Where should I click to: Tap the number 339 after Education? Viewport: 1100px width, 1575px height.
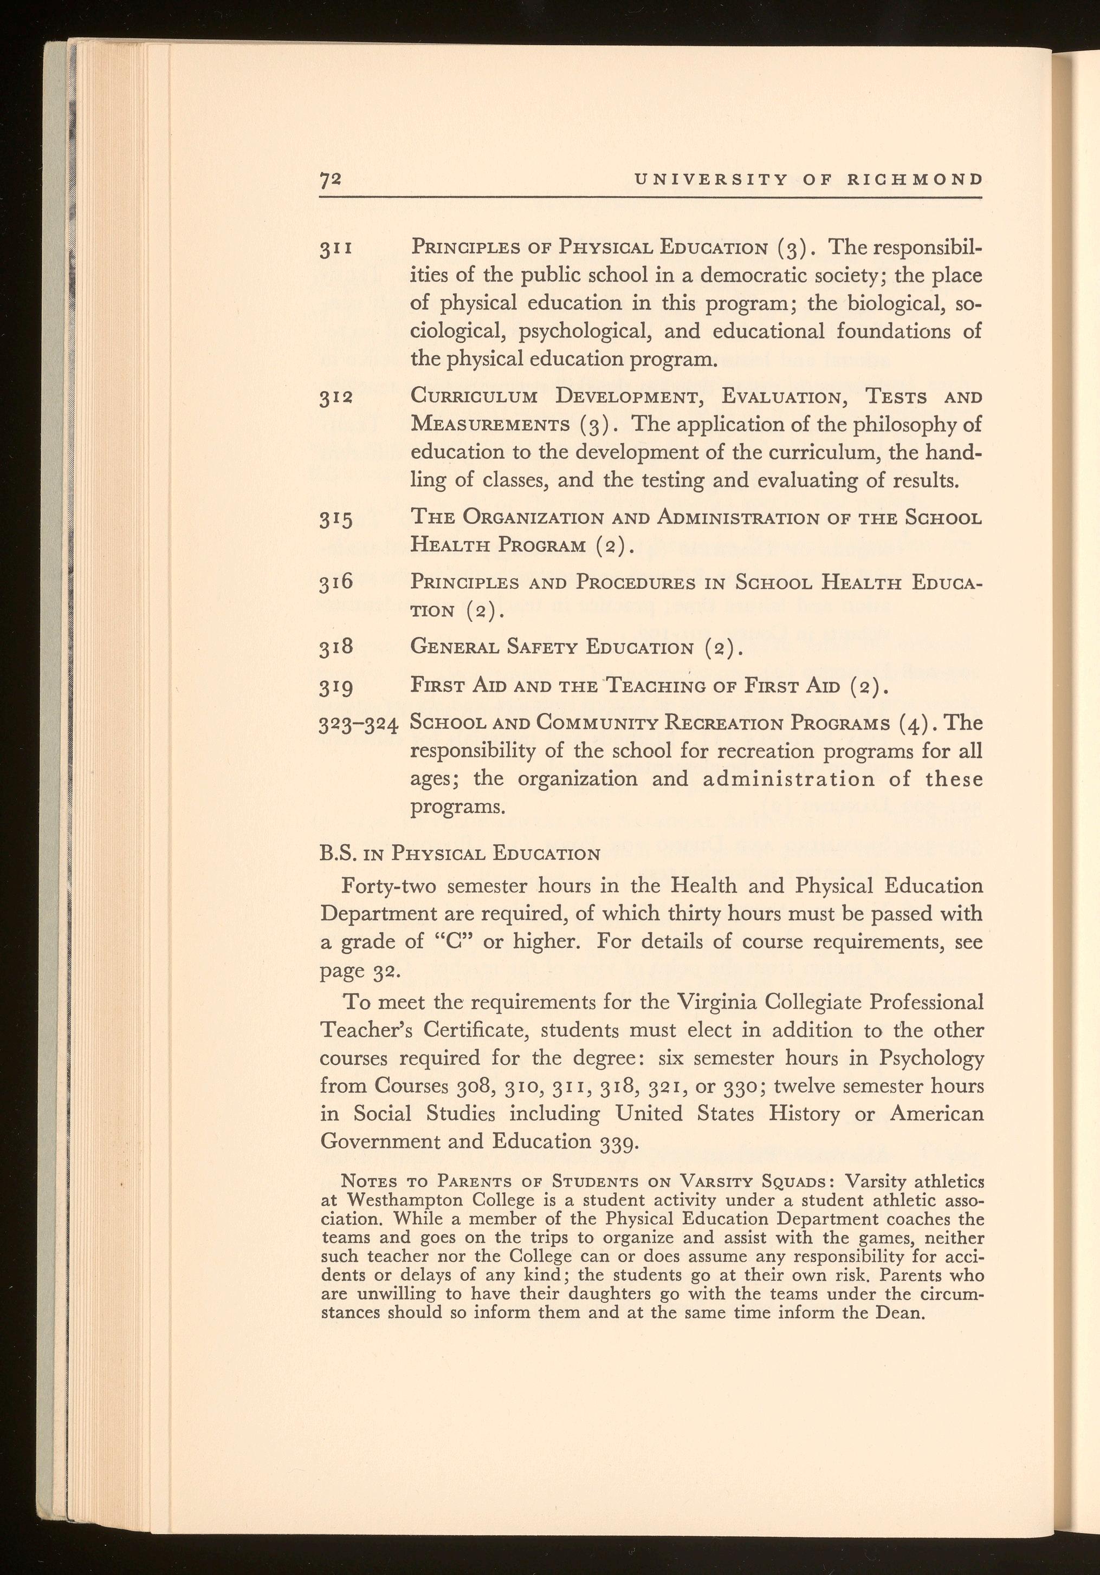tap(620, 1142)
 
